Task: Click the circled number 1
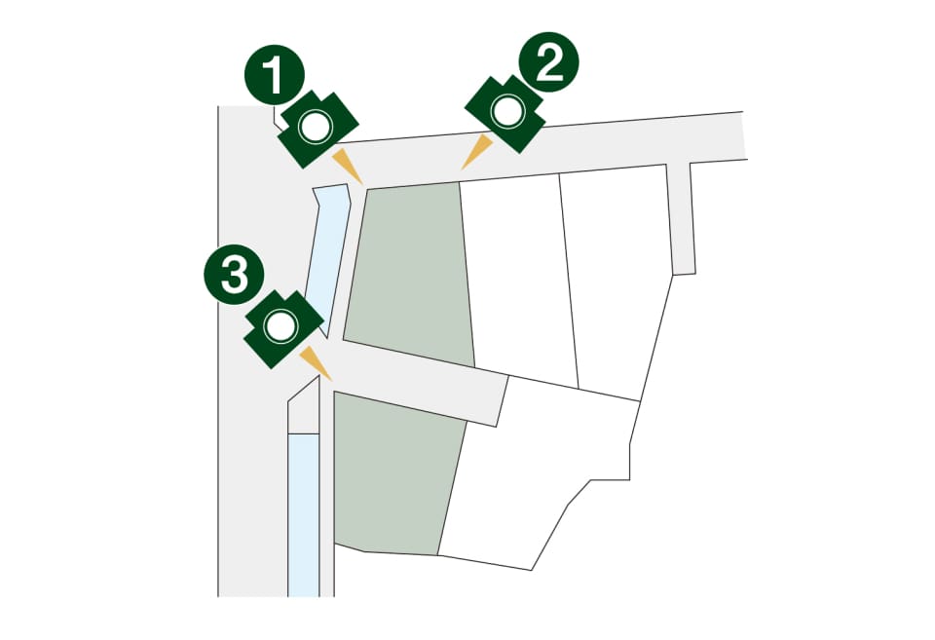[x=275, y=75]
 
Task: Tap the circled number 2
[x=548, y=62]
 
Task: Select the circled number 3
[x=235, y=275]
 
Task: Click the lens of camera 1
[x=315, y=127]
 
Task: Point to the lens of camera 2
[x=507, y=111]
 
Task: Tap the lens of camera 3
[x=280, y=326]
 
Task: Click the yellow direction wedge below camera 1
[x=347, y=166]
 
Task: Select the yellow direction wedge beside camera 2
[x=476, y=152]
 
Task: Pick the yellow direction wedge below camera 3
[x=315, y=362]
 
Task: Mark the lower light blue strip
[x=304, y=514]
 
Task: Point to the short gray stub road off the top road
[x=681, y=218]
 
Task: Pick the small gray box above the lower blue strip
[x=304, y=411]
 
